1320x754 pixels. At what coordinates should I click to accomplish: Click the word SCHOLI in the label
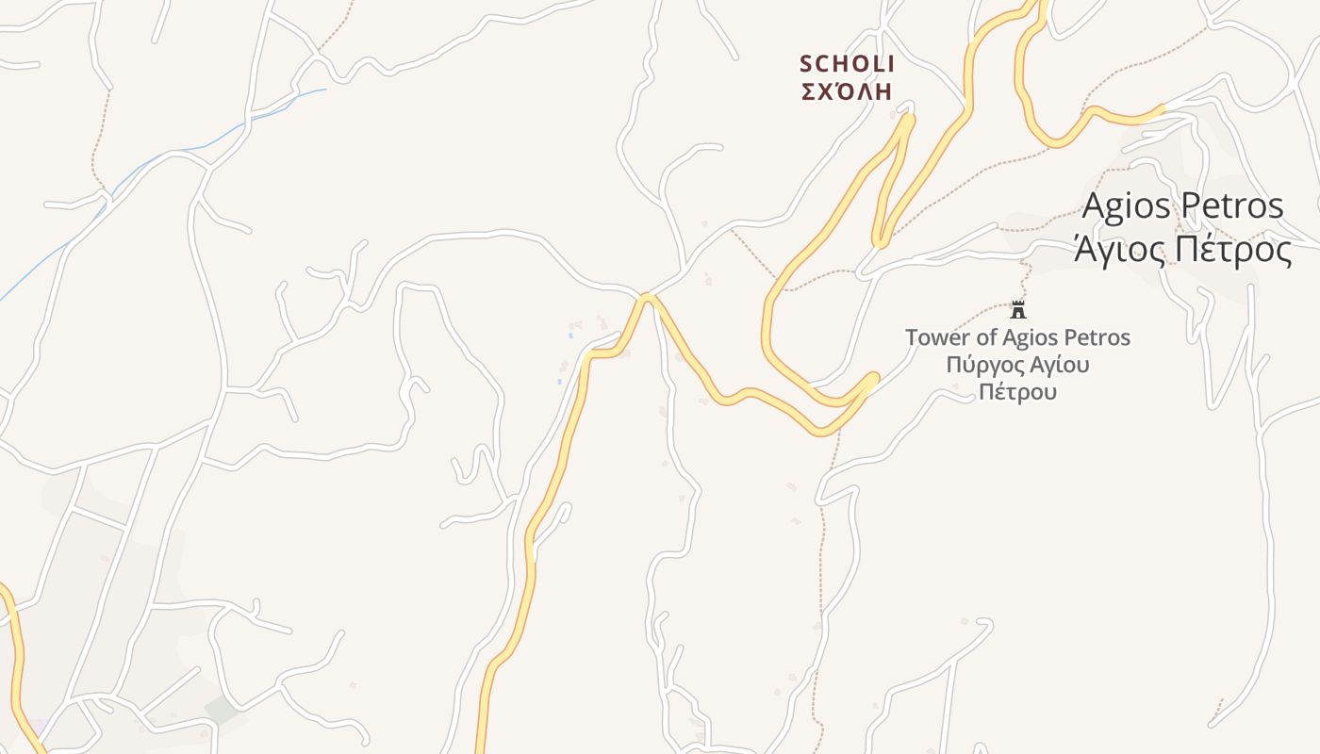tap(847, 64)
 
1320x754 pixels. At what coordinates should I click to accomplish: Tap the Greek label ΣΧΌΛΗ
tap(847, 91)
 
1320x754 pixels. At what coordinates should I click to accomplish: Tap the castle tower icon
tap(1018, 309)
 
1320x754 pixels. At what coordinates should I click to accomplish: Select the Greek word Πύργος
tap(981, 365)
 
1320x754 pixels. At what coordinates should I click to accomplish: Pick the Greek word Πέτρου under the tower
tap(1017, 391)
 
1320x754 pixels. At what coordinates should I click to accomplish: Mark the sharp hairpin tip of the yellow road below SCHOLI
tap(908, 117)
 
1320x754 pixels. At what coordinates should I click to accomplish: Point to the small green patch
tap(221, 710)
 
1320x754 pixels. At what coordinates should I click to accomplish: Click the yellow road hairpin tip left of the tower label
tap(874, 378)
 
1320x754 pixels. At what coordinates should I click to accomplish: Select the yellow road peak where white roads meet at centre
tap(647, 298)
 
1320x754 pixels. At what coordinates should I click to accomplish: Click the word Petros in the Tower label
tap(1099, 337)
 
